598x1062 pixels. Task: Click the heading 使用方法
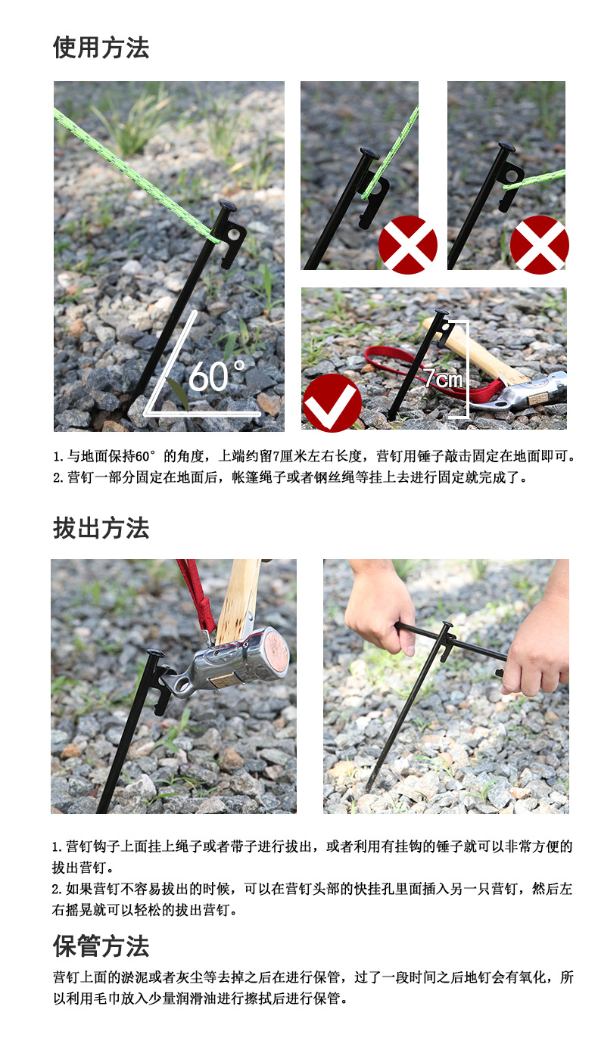[101, 48]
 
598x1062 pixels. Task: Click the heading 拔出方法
[101, 528]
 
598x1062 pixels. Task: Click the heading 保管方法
[101, 946]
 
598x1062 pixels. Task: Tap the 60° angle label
[216, 376]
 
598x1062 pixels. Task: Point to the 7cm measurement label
[443, 378]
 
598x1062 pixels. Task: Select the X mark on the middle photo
[407, 244]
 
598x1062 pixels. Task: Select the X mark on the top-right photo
[539, 244]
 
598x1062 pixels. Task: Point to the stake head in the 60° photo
[227, 206]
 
